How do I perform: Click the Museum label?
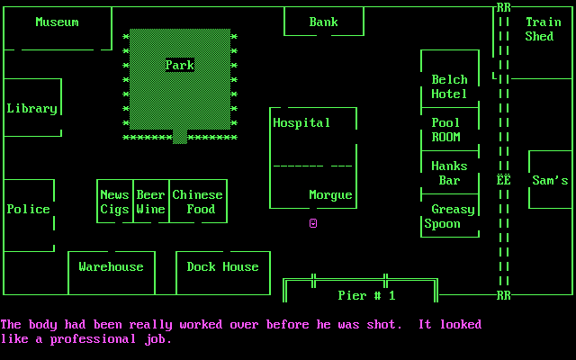57,22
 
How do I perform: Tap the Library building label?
31,108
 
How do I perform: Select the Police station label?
28,209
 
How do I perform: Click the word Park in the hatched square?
179,65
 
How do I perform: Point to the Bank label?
323,22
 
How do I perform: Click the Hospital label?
301,122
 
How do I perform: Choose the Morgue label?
330,194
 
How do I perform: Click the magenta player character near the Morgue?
313,222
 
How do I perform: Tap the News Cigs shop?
114,202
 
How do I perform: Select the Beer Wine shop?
150,202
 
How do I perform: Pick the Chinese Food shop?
197,202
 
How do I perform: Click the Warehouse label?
111,266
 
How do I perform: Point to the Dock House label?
222,266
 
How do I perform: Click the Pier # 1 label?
366,295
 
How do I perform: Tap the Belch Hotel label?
449,86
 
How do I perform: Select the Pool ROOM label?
445,130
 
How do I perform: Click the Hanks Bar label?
449,173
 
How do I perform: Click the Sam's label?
550,180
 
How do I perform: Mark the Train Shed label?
543,29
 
